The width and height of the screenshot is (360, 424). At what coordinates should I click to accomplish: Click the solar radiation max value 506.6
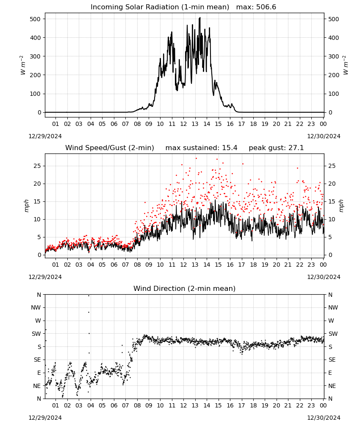click(266, 7)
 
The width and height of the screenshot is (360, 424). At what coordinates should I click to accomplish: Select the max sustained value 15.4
click(230, 148)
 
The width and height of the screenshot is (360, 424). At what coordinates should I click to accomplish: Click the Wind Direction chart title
click(185, 288)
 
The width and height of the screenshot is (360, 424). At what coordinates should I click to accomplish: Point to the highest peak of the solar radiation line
click(200, 17)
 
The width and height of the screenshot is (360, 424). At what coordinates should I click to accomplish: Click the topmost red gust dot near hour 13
click(197, 159)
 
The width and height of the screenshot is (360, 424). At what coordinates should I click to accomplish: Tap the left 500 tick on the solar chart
click(36, 19)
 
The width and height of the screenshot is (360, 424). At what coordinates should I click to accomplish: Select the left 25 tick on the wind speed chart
click(37, 166)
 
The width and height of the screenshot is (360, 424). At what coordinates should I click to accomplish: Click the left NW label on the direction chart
click(36, 307)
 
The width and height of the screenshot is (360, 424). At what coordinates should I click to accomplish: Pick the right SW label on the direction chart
click(333, 334)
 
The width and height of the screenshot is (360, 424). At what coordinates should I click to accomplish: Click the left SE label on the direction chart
click(37, 360)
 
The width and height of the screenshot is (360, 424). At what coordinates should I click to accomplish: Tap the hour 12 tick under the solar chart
click(183, 124)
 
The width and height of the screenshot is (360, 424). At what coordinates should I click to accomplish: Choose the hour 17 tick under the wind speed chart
click(241, 265)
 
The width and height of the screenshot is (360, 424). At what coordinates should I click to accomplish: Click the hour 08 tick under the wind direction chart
click(137, 405)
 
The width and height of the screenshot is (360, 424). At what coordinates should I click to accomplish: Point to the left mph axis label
click(26, 206)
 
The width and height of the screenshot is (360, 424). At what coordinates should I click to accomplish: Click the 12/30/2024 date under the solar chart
click(324, 136)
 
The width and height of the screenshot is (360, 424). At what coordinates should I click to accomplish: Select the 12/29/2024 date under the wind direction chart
click(45, 418)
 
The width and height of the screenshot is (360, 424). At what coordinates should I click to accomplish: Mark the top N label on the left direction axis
click(39, 295)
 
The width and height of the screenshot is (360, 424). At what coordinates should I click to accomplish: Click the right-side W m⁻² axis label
click(346, 65)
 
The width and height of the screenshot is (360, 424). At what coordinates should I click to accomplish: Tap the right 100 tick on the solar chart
click(334, 94)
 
